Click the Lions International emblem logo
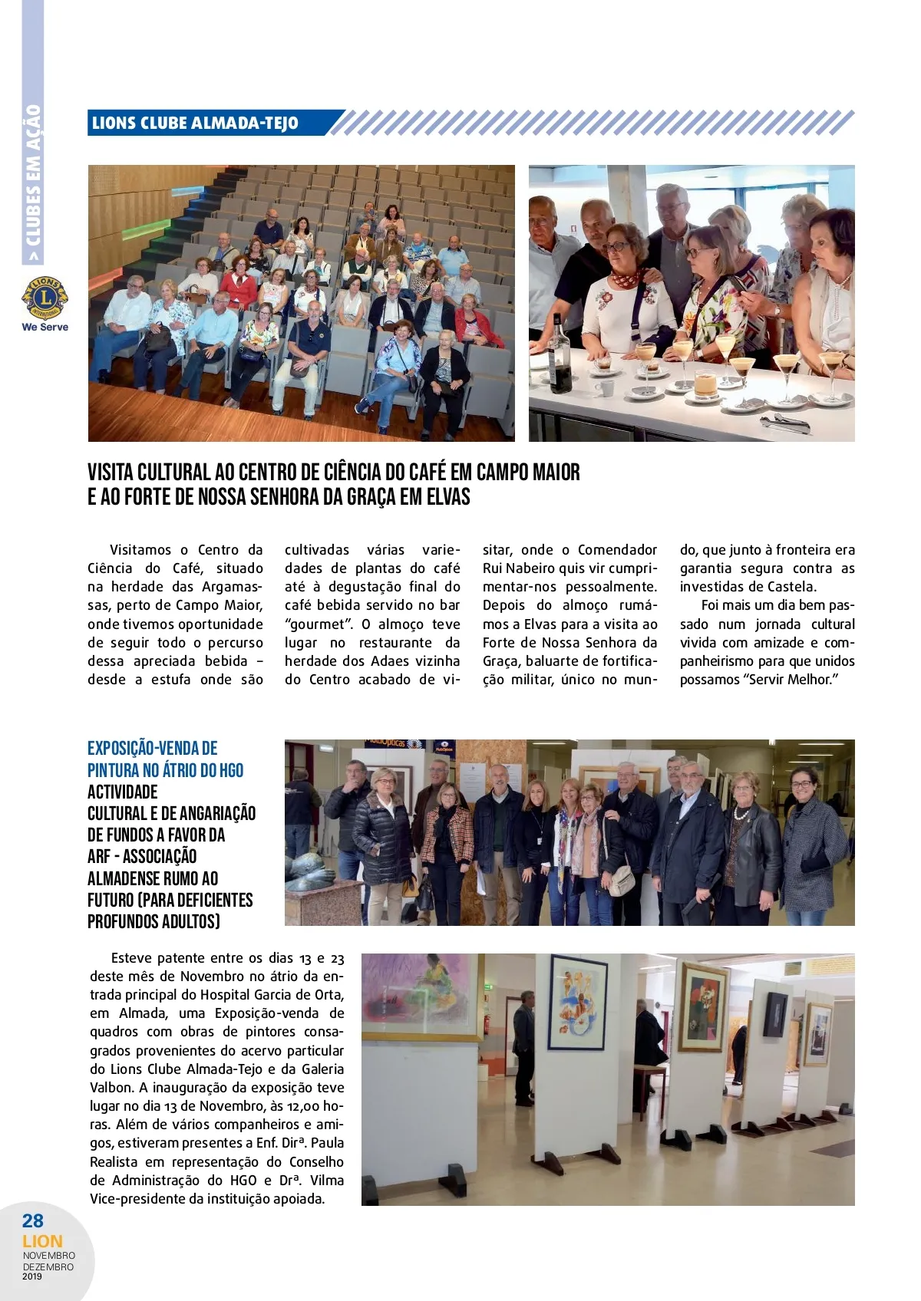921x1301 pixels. [x=45, y=298]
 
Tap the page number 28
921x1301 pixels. [x=33, y=1220]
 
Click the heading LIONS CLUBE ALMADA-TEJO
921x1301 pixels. [x=195, y=124]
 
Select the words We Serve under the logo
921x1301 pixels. [x=45, y=327]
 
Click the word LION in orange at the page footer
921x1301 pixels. [x=42, y=1241]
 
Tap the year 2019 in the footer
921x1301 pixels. [x=33, y=1276]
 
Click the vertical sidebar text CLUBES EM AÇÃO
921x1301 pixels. [x=33, y=176]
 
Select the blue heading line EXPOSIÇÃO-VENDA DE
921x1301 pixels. [x=152, y=749]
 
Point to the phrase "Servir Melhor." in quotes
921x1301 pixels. [x=791, y=680]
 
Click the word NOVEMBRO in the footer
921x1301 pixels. [x=49, y=1256]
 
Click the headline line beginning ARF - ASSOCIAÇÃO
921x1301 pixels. [x=142, y=857]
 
